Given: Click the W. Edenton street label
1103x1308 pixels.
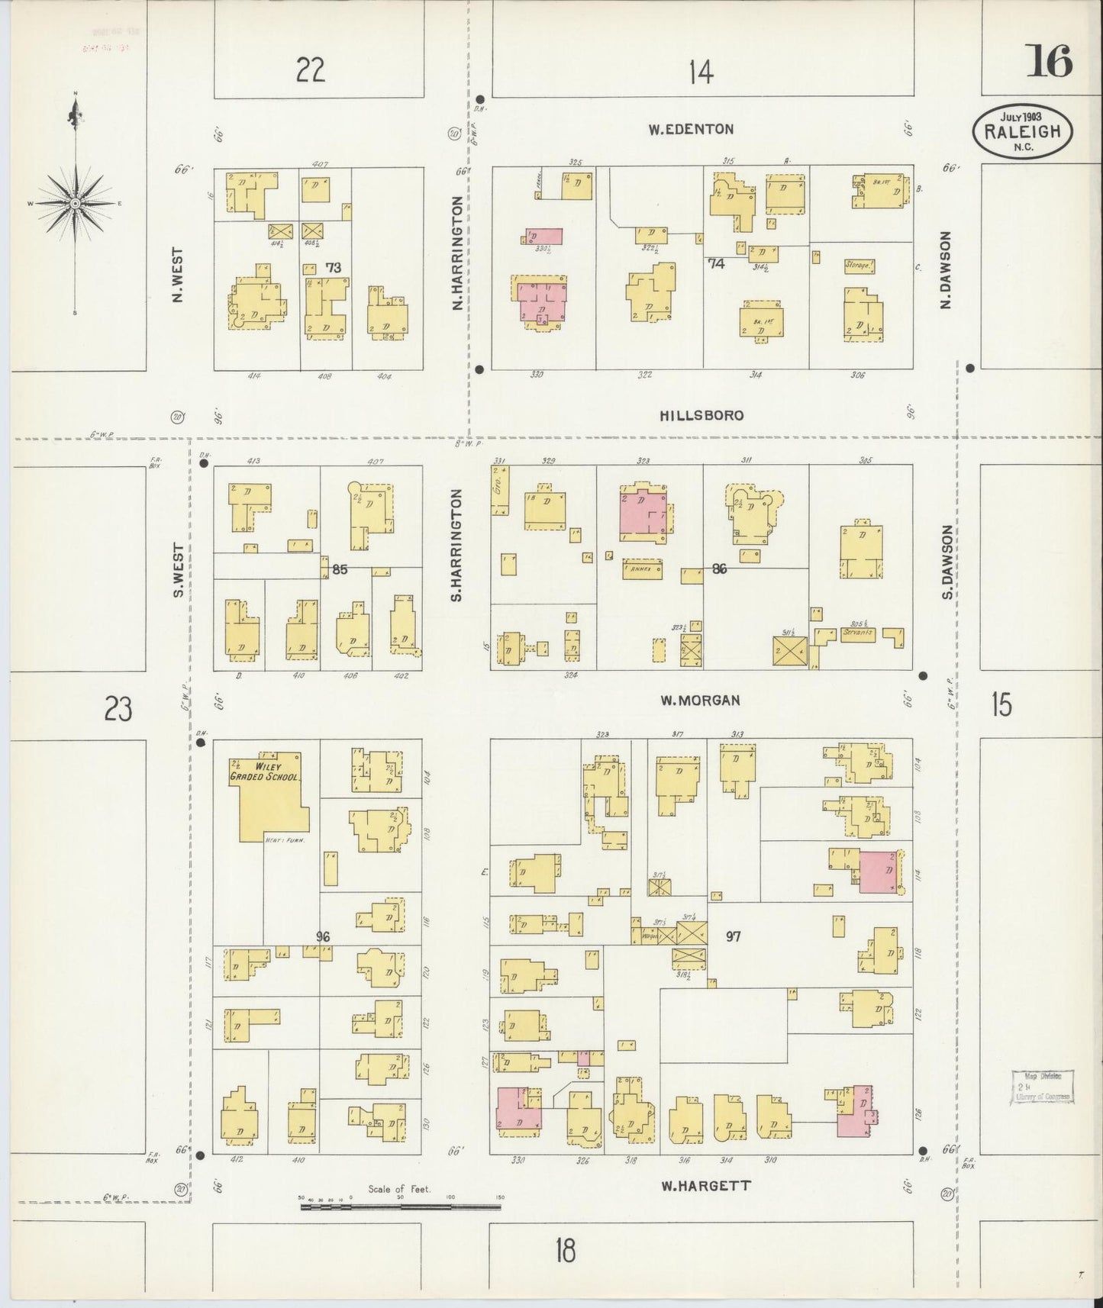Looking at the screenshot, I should click(691, 129).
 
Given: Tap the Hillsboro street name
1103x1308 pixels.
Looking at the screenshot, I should click(701, 415).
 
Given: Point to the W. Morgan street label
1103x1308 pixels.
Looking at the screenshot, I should click(700, 699).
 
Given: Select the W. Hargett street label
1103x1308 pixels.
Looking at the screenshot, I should click(705, 1185).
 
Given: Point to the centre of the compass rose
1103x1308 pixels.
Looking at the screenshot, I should click(76, 204).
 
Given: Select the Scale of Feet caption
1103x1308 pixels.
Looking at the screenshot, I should click(399, 1188).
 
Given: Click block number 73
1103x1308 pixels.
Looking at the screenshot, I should click(333, 267).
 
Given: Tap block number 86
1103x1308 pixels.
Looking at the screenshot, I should click(718, 569).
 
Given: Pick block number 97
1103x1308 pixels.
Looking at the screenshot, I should click(733, 936).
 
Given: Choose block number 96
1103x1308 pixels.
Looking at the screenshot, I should click(323, 936).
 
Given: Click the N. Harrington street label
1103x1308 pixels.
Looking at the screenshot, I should click(457, 253).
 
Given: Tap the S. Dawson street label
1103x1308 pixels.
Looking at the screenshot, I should click(948, 561).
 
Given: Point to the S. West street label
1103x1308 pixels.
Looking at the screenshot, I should click(177, 570).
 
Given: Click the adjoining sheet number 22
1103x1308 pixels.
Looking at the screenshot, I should click(311, 70).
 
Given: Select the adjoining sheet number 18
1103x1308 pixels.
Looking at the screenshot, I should click(565, 1251).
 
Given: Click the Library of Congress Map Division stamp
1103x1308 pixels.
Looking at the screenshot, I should click(1043, 1087).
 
